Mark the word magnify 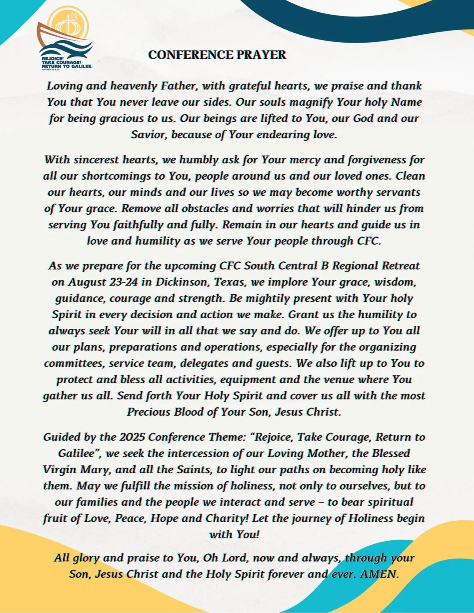tap(312, 102)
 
